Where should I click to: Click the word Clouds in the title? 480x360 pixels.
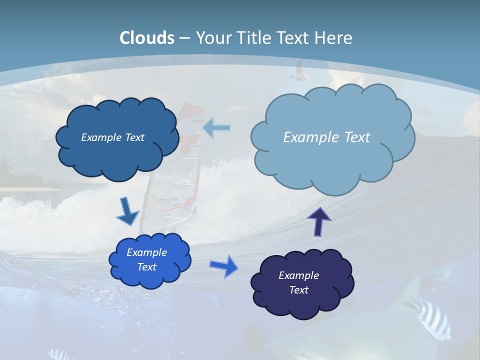147,38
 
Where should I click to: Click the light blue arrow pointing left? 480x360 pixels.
217,128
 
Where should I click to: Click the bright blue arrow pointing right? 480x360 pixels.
224,265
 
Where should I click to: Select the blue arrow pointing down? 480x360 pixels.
127,211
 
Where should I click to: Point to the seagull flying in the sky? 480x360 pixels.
299,71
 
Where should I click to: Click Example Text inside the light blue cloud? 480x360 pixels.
326,137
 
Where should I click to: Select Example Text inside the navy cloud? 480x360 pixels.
298,282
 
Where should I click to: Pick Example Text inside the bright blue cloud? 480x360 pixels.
146,259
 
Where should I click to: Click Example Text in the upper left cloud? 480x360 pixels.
112,137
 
